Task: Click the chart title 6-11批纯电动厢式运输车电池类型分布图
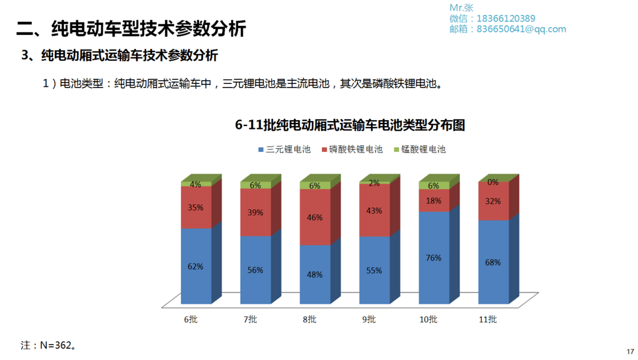click(350, 125)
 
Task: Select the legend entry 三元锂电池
click(284, 150)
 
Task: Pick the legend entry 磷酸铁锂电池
click(352, 150)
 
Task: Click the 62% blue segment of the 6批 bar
click(196, 266)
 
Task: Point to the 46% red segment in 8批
click(315, 218)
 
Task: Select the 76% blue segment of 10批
click(434, 257)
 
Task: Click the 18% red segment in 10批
click(434, 201)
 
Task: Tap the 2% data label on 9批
click(375, 183)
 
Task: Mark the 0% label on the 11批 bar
click(493, 182)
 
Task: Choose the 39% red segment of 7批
click(255, 213)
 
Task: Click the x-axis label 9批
click(369, 320)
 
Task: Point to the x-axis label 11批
click(488, 320)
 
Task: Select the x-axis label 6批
click(191, 320)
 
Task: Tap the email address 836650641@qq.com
click(520, 29)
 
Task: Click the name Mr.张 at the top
click(461, 8)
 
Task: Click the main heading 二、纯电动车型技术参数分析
click(131, 28)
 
